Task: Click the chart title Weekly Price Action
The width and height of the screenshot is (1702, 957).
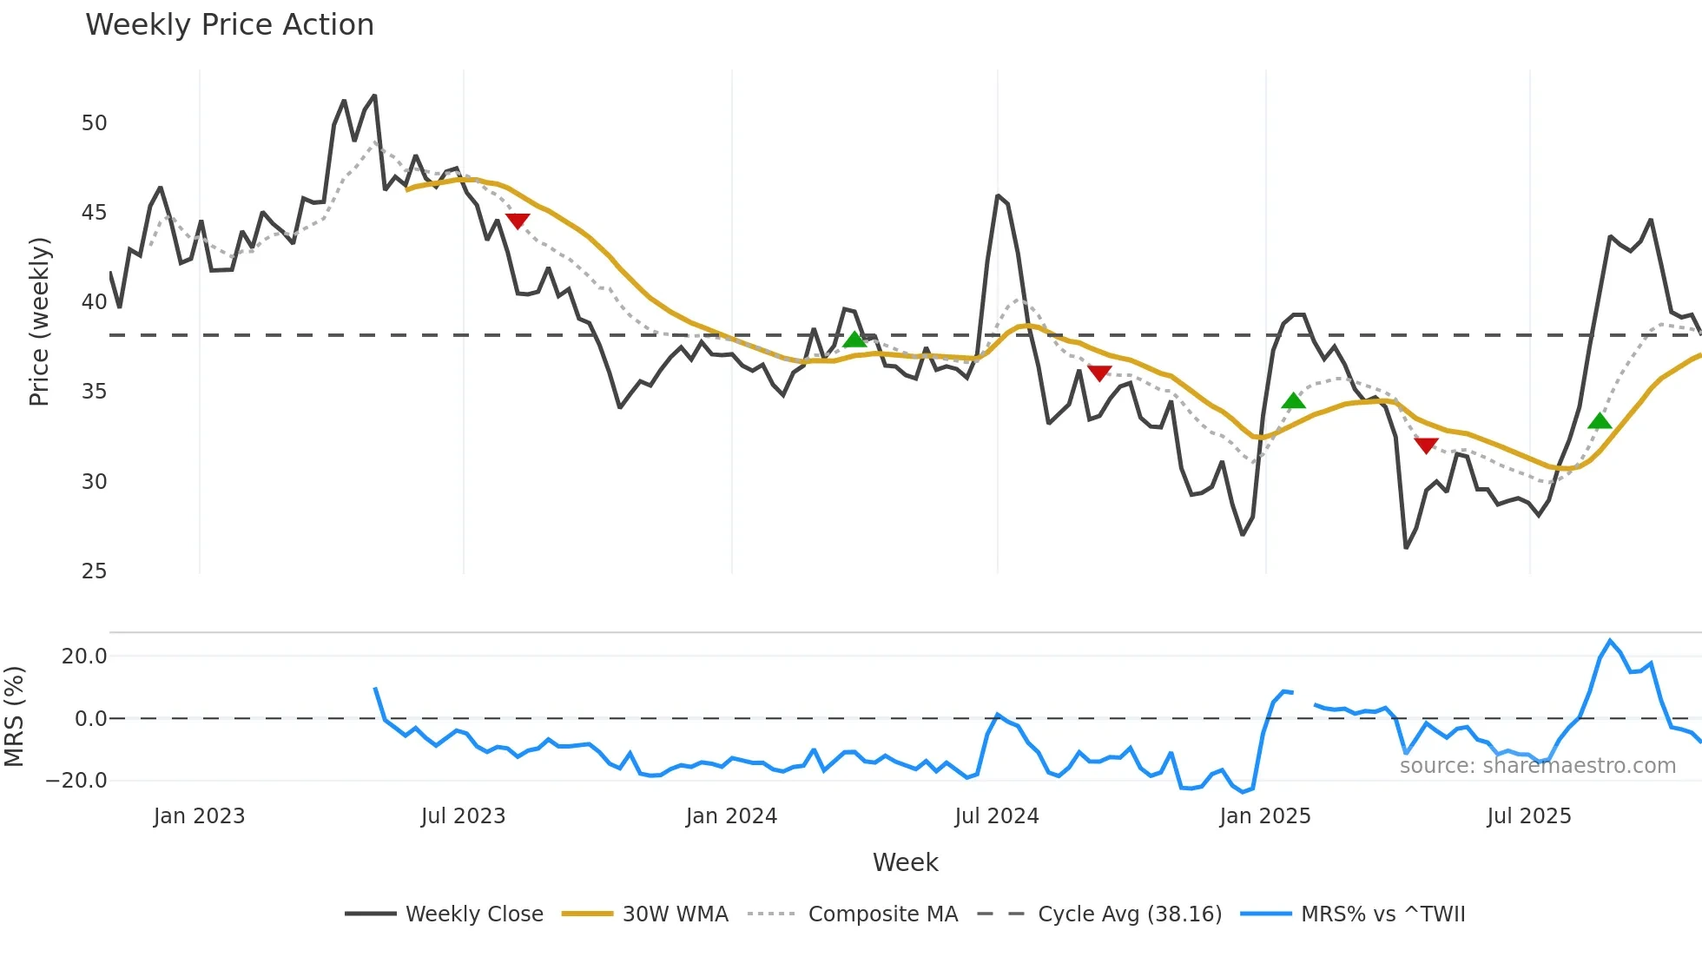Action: (x=229, y=25)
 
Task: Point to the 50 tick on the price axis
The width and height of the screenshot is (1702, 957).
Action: (x=94, y=123)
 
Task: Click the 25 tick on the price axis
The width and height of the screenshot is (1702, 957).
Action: (x=94, y=571)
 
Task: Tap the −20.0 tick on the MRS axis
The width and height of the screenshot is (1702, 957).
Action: (x=76, y=781)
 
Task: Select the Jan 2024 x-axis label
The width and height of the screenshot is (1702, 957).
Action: (x=731, y=816)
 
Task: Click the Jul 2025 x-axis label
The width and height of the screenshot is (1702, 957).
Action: (x=1529, y=816)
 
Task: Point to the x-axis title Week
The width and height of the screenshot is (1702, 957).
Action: (x=905, y=862)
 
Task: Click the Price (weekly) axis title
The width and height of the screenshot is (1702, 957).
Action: (x=39, y=321)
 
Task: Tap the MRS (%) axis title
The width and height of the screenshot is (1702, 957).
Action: (x=14, y=717)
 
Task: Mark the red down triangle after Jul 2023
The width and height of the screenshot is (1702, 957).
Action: (x=518, y=221)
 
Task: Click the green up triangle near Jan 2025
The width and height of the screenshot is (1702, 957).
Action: (x=1293, y=400)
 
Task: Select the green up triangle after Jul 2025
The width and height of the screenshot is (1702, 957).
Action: (x=1600, y=421)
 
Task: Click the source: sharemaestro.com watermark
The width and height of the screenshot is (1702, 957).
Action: (x=1537, y=766)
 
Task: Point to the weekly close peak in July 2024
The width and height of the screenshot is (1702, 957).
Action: (x=998, y=196)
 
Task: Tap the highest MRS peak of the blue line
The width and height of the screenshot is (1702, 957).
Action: (x=1610, y=641)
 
